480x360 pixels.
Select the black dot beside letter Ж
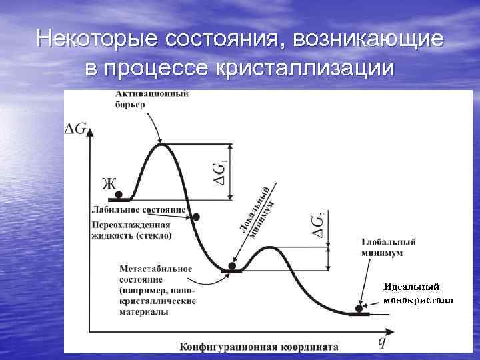(x=119, y=195)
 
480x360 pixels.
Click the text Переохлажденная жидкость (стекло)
(x=132, y=230)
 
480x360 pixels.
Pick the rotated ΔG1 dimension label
(x=221, y=171)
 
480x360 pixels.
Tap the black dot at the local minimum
(x=232, y=266)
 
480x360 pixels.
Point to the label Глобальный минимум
(x=389, y=247)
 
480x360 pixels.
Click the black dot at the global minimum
(x=359, y=309)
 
